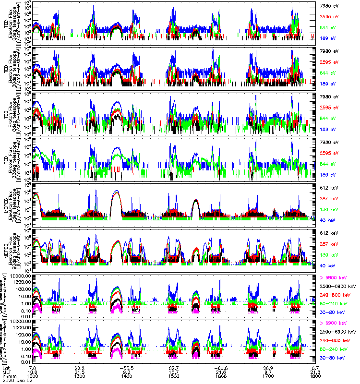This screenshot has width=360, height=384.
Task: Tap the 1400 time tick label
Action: point(127,377)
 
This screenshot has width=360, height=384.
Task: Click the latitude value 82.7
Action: point(174,367)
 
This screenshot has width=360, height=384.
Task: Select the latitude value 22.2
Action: point(80,367)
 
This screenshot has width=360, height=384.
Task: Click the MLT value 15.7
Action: point(174,372)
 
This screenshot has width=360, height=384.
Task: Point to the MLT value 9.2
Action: point(127,372)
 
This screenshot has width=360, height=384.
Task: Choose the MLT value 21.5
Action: point(80,372)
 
